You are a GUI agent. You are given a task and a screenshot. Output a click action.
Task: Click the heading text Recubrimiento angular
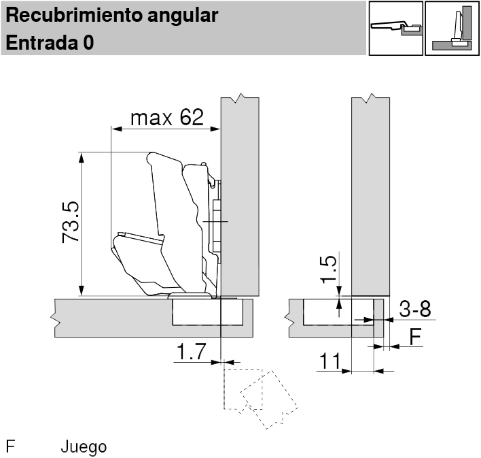click(112, 15)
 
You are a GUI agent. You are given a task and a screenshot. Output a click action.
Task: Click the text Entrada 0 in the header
click(50, 42)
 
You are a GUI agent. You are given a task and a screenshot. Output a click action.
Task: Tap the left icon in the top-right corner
click(395, 29)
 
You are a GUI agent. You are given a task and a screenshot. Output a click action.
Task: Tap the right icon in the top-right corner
click(452, 29)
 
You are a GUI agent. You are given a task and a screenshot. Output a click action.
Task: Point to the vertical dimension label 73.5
click(71, 223)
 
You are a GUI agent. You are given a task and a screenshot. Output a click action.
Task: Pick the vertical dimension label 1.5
click(328, 269)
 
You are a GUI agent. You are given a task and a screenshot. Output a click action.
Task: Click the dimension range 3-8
click(414, 310)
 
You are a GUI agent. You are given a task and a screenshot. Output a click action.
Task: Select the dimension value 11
click(330, 361)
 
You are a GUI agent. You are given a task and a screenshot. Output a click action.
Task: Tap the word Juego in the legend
click(84, 447)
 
